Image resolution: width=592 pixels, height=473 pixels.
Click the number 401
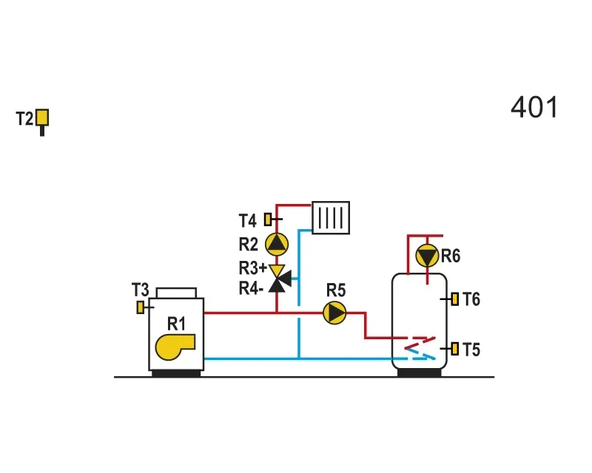[x=534, y=107]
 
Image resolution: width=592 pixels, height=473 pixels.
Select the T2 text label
[x=25, y=118]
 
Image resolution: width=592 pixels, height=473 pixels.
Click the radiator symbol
[x=331, y=217]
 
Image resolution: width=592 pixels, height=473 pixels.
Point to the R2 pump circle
[x=277, y=244]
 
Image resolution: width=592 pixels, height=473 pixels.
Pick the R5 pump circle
[x=335, y=313]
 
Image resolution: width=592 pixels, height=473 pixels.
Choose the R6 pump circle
[x=427, y=256]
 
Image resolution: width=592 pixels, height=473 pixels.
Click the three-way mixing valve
[x=280, y=279]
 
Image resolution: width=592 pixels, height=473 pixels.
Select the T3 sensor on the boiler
[x=141, y=307]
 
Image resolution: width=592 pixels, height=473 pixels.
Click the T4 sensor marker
[x=268, y=220]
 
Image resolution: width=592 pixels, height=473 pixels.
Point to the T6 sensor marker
[x=454, y=299]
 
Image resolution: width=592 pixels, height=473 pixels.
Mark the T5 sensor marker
[x=454, y=349]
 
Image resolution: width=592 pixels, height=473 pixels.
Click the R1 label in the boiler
[x=176, y=324]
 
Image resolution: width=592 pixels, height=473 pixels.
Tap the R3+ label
[x=252, y=268]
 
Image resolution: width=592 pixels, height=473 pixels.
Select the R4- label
[x=251, y=288]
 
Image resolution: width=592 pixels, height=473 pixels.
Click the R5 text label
[x=336, y=290]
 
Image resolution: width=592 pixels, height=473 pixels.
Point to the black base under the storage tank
[x=420, y=372]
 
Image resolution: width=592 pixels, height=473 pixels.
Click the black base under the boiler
[x=176, y=373]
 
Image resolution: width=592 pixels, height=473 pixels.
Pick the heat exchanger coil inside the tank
[x=420, y=348]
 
